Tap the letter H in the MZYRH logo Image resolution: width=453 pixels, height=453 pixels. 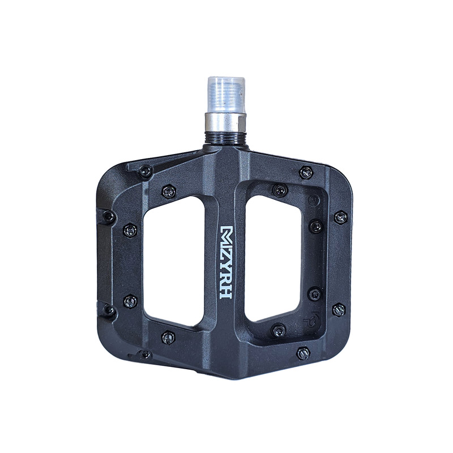tap(226, 292)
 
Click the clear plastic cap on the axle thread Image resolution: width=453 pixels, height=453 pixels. tap(226, 95)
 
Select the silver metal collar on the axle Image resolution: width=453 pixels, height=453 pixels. tap(225, 122)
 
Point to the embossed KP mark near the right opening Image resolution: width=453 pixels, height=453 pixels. tap(309, 317)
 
